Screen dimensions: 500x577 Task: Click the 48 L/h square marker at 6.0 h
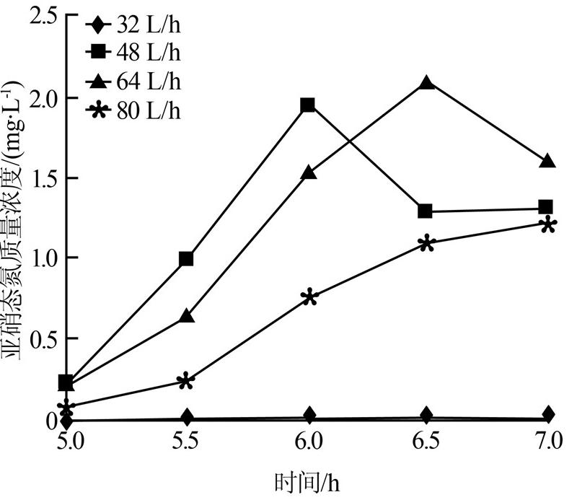(x=308, y=105)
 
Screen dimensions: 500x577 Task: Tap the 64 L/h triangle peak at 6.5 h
(x=426, y=83)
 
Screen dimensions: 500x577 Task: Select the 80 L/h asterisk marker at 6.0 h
(x=309, y=297)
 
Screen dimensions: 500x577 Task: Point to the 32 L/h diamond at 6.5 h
(x=426, y=415)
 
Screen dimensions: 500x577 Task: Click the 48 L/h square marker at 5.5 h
(x=186, y=259)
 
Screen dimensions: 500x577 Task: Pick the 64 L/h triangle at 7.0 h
(x=547, y=161)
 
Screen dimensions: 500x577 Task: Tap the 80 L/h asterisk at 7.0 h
(x=547, y=225)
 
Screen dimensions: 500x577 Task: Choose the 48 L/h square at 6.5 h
(x=426, y=211)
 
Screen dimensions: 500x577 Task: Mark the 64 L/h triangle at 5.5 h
(x=186, y=316)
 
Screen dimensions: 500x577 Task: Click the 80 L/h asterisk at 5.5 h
(x=186, y=381)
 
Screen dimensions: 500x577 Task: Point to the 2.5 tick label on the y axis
(x=42, y=17)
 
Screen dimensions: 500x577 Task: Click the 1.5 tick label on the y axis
(x=42, y=177)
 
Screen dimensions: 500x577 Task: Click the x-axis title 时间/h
(x=307, y=480)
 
